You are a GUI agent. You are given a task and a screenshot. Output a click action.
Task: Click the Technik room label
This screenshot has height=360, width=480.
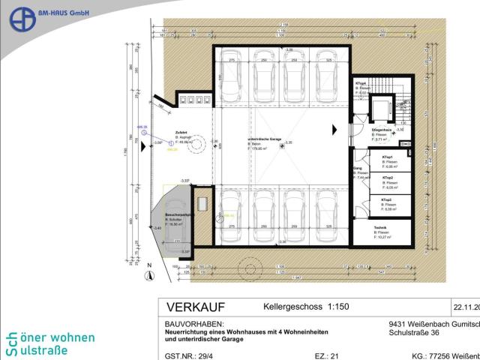coord(381,227)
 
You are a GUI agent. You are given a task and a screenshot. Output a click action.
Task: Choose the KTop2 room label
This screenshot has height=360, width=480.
coord(388,178)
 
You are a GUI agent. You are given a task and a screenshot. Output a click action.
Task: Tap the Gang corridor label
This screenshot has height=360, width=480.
coord(358,169)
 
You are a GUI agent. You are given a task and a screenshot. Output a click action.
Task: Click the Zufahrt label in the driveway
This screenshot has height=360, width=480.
coord(181,133)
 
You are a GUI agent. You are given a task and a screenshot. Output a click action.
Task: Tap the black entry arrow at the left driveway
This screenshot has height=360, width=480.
coord(145,146)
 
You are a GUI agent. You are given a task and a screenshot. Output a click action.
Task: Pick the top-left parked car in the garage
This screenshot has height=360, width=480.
coord(228,73)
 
